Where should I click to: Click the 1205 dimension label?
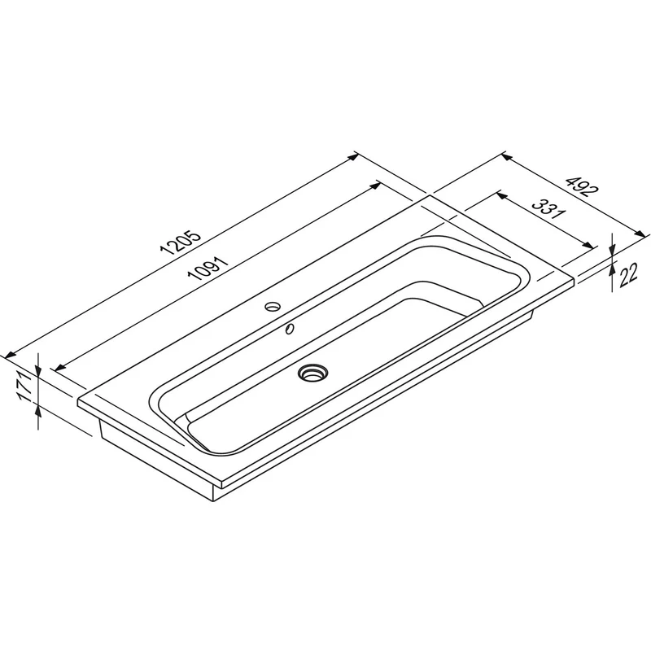[180, 242]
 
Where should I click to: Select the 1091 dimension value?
[208, 269]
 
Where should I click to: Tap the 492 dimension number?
[583, 186]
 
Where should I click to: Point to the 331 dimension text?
[549, 209]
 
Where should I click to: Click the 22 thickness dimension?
[628, 275]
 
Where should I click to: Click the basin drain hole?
[312, 372]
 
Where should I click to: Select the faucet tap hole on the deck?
[273, 307]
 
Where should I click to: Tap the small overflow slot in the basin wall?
[290, 329]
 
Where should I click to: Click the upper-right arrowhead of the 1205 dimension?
[353, 157]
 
